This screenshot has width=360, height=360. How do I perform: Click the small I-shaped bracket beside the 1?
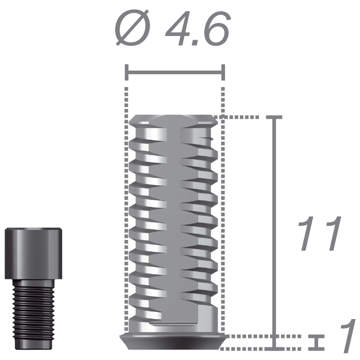click(318, 342)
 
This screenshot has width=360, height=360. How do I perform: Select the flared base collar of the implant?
click(173, 342)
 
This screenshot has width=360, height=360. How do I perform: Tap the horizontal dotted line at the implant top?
click(238, 117)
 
